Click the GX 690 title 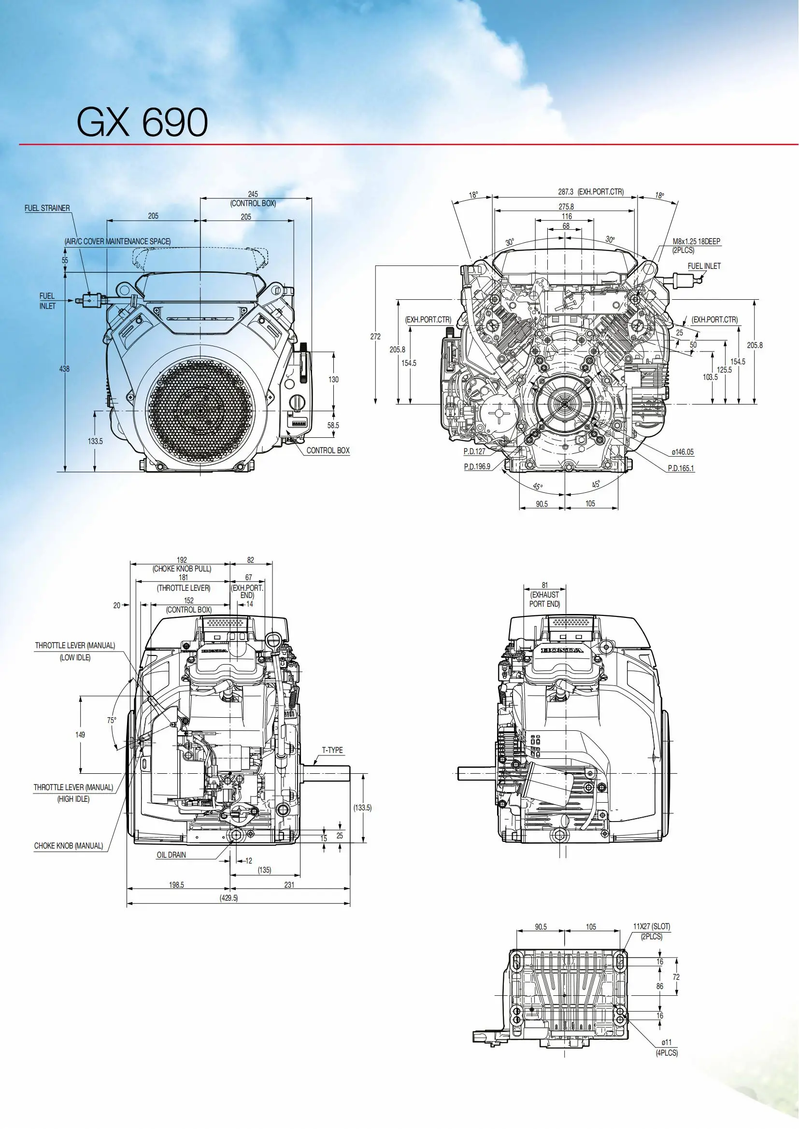pyautogui.click(x=142, y=123)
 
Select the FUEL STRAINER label pyautogui.click(x=47, y=208)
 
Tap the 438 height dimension pyautogui.click(x=64, y=369)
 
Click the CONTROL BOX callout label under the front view pyautogui.click(x=328, y=450)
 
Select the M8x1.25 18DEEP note pyautogui.click(x=696, y=242)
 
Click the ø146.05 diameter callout pyautogui.click(x=683, y=452)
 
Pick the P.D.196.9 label pyautogui.click(x=477, y=466)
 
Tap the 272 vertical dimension pyautogui.click(x=375, y=337)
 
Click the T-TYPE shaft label pyautogui.click(x=332, y=751)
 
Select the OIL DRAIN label pyautogui.click(x=171, y=855)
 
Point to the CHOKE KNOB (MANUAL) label pyautogui.click(x=69, y=846)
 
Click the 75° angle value pyautogui.click(x=112, y=720)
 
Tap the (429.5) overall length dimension pyautogui.click(x=228, y=898)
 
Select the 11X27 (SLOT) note pyautogui.click(x=651, y=926)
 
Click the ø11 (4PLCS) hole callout pyautogui.click(x=667, y=1048)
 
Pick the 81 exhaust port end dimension pyautogui.click(x=544, y=585)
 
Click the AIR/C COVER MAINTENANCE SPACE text pyautogui.click(x=117, y=241)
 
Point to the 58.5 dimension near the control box pyautogui.click(x=333, y=425)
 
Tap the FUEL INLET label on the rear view pyautogui.click(x=703, y=266)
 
